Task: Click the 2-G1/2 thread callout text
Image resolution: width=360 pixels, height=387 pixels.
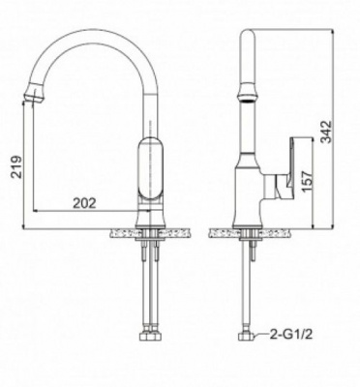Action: click(293, 338)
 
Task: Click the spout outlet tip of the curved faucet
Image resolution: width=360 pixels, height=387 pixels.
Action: click(35, 96)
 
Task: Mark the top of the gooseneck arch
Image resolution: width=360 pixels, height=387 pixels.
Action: click(92, 26)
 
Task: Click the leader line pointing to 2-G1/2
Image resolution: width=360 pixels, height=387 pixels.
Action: click(260, 338)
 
